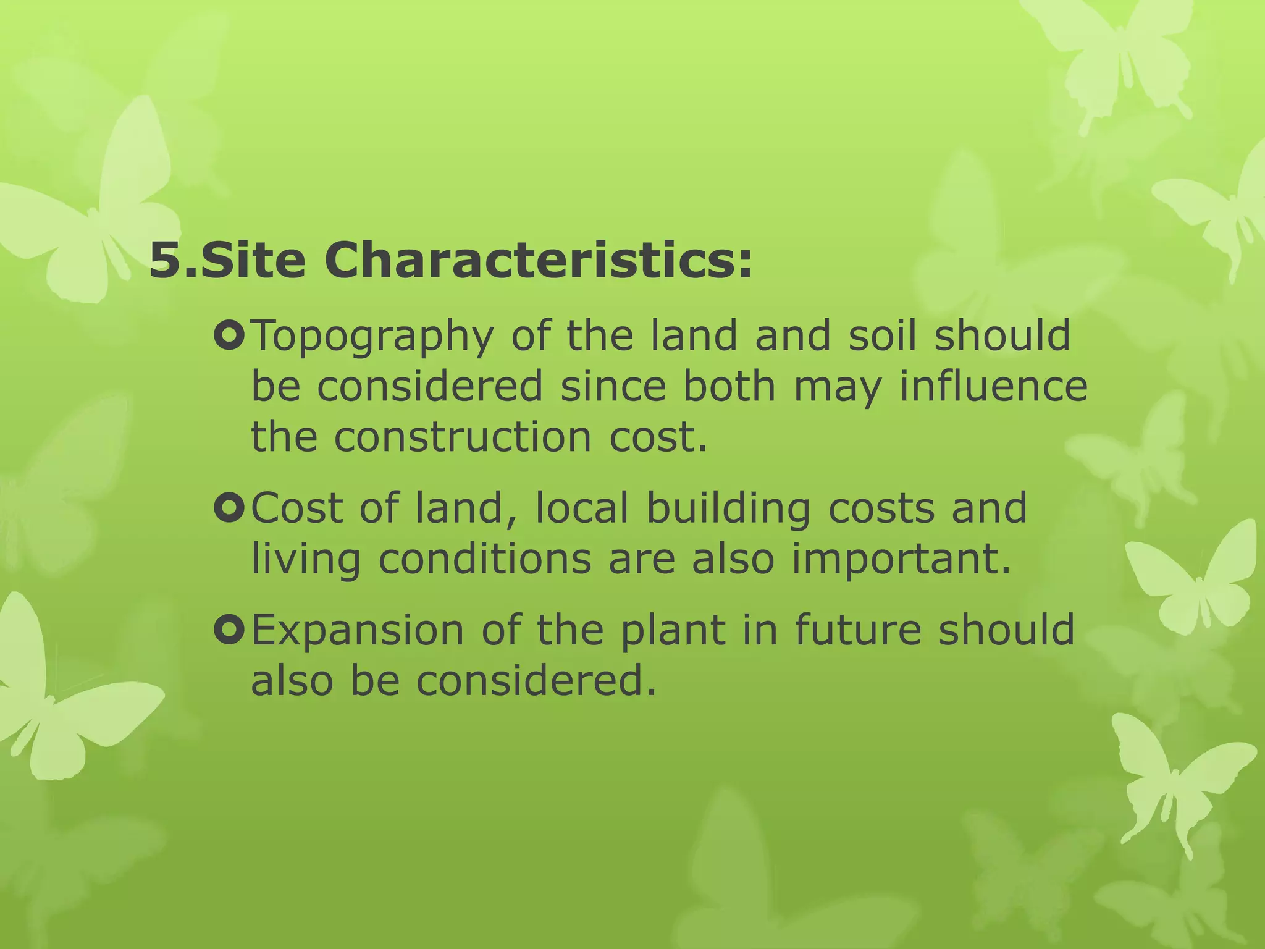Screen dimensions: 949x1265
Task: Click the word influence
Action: tap(993, 386)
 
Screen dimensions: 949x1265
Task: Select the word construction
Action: tap(463, 436)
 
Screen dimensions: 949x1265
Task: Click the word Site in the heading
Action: tap(253, 261)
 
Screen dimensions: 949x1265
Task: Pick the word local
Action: tap(581, 508)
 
